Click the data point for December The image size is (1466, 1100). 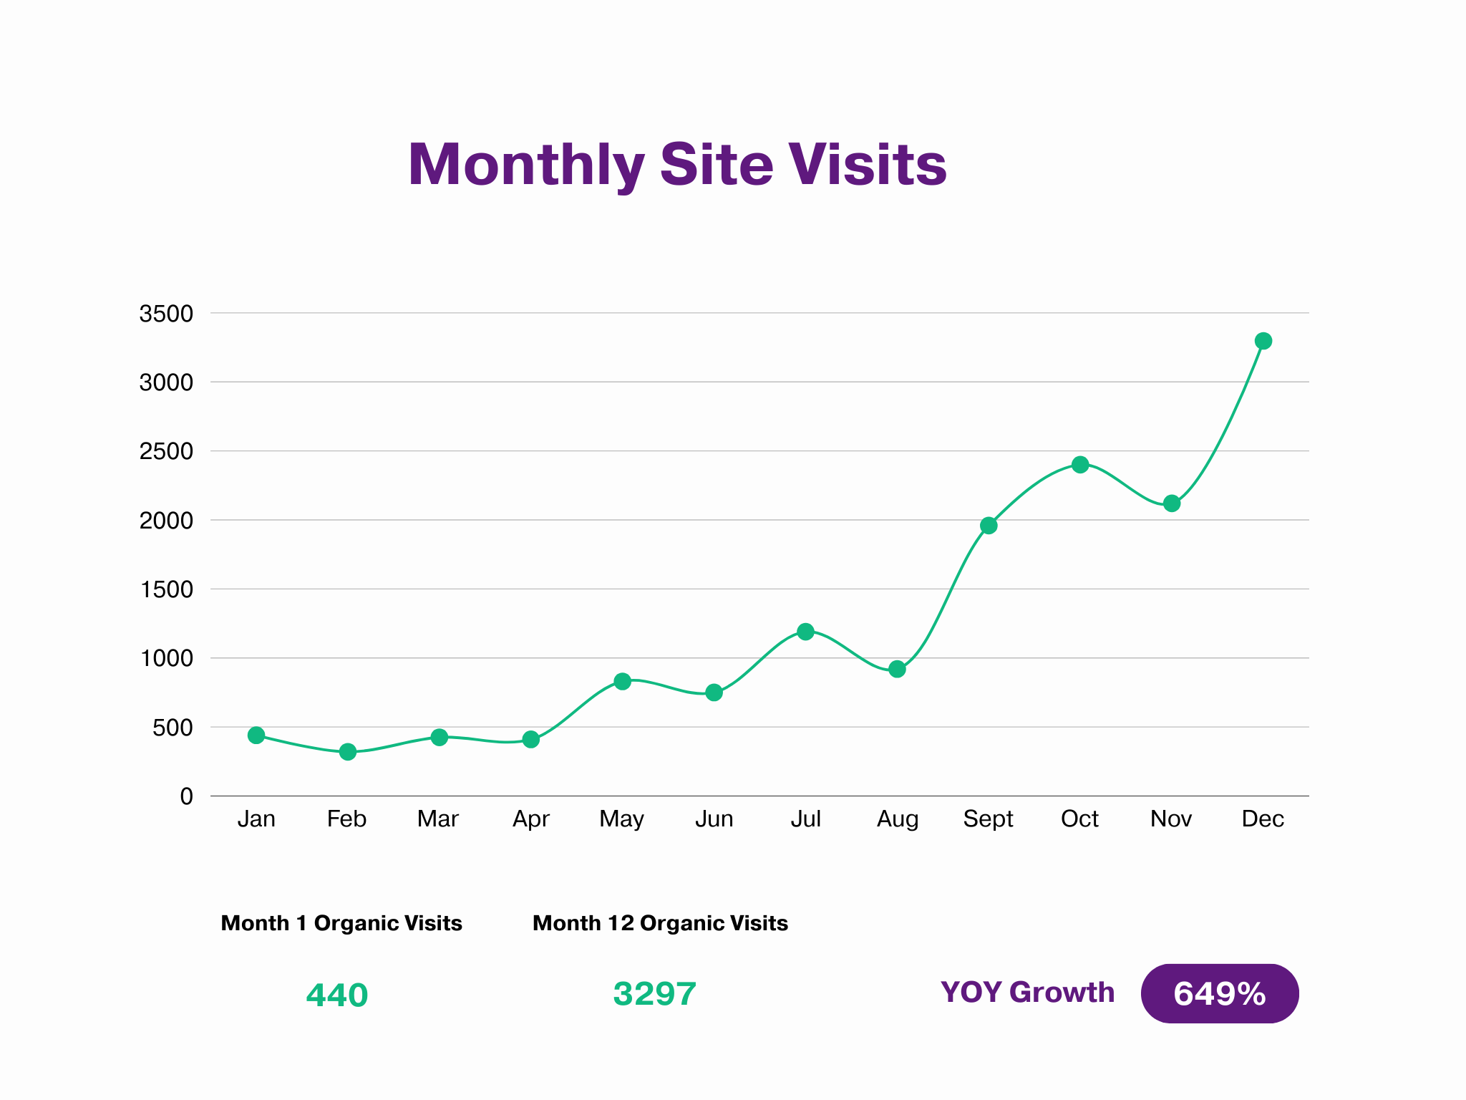[1263, 341]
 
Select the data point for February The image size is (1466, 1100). [348, 752]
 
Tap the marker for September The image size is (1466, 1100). [989, 526]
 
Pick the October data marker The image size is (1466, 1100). [1080, 465]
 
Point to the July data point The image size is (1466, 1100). [805, 632]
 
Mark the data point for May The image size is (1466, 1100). [623, 681]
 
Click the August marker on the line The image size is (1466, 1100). [897, 670]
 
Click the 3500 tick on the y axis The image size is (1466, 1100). [166, 314]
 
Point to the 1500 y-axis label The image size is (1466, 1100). [166, 589]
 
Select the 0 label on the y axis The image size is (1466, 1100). [186, 796]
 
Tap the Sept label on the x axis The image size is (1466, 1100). [988, 819]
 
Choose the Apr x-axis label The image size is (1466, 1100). [530, 819]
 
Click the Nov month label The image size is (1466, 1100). [1171, 819]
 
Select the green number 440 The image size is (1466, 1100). [336, 995]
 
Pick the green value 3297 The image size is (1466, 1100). [654, 994]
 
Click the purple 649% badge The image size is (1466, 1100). [1220, 994]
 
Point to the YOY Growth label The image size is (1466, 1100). [1027, 993]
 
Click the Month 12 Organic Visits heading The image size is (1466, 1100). [660, 923]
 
